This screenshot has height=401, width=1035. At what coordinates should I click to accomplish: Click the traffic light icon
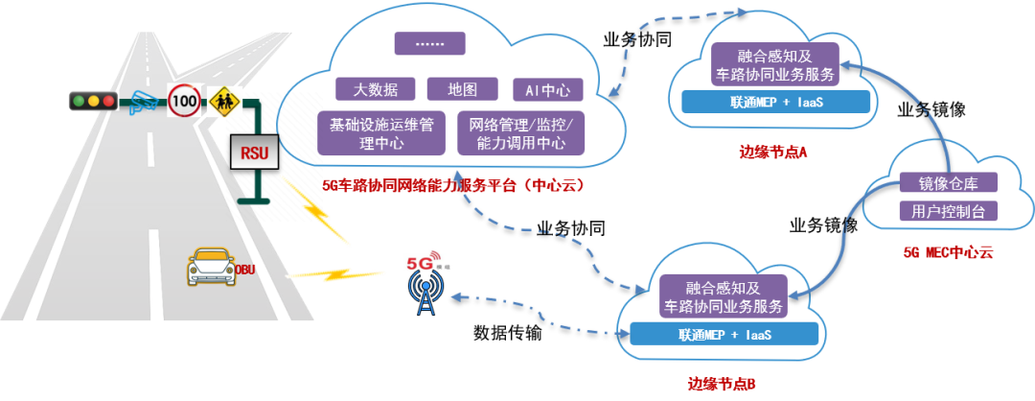pyautogui.click(x=92, y=100)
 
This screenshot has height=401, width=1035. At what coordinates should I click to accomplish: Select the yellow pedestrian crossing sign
pyautogui.click(x=225, y=101)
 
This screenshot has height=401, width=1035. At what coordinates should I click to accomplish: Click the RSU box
pyautogui.click(x=255, y=152)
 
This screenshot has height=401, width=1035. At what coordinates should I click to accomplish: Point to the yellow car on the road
pyautogui.click(x=212, y=266)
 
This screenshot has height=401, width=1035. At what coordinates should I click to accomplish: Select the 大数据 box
pyautogui.click(x=375, y=89)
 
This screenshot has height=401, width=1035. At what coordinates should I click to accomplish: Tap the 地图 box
pyautogui.click(x=462, y=89)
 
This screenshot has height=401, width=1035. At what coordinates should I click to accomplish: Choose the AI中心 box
pyautogui.click(x=547, y=90)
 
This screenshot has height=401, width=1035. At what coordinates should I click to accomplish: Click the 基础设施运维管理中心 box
pyautogui.click(x=381, y=133)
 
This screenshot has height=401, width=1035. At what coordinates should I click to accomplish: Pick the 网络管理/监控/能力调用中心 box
pyautogui.click(x=521, y=133)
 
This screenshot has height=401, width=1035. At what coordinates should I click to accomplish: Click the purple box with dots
pyautogui.click(x=429, y=43)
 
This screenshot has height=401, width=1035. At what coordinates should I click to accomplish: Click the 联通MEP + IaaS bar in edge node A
pyautogui.click(x=776, y=102)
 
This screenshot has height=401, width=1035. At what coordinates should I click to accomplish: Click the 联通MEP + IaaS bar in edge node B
pyautogui.click(x=724, y=334)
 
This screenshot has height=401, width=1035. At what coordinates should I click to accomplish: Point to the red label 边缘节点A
pyautogui.click(x=774, y=152)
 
